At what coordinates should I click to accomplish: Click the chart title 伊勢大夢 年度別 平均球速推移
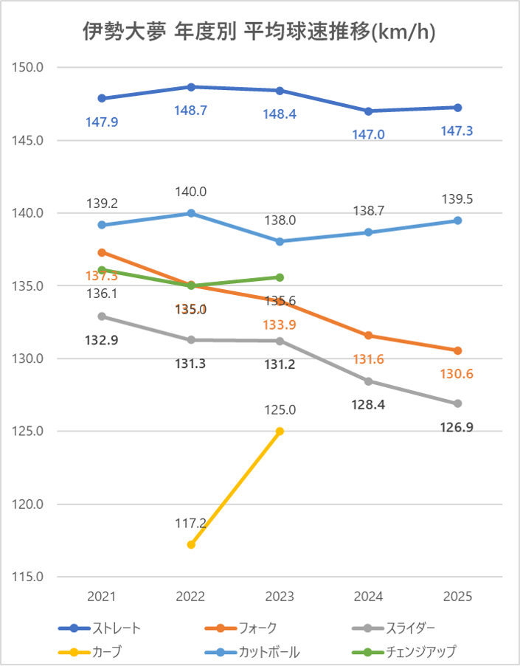pyautogui.click(x=259, y=32)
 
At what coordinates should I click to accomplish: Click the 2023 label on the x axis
pyautogui.click(x=280, y=597)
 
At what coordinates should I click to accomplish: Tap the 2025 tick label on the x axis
pyautogui.click(x=457, y=597)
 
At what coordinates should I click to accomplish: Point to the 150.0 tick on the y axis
pyautogui.click(x=30, y=68)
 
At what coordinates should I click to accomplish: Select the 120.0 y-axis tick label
pyautogui.click(x=30, y=504)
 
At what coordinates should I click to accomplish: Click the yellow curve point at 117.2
pyautogui.click(x=191, y=544)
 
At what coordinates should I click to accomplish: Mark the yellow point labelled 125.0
pyautogui.click(x=280, y=431)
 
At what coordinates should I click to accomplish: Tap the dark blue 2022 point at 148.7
pyautogui.click(x=191, y=87)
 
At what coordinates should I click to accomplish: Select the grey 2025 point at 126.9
pyautogui.click(x=457, y=403)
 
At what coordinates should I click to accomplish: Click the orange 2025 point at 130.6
pyautogui.click(x=457, y=350)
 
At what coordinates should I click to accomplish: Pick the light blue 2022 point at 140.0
pyautogui.click(x=191, y=213)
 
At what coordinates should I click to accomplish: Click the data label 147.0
pyautogui.click(x=369, y=135)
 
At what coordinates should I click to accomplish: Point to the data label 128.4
pyautogui.click(x=369, y=405)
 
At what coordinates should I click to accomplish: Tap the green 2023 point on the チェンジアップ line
pyautogui.click(x=280, y=277)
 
